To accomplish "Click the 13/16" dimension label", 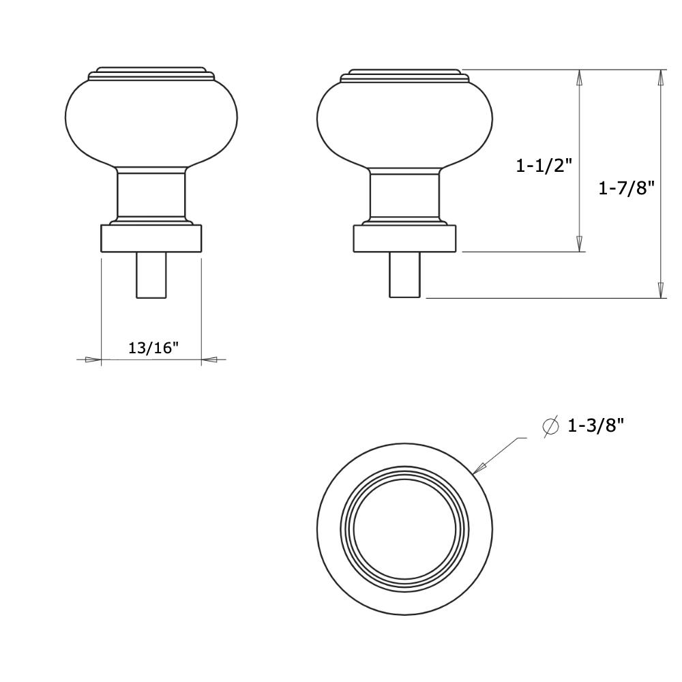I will [153, 348].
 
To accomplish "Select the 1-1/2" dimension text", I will [544, 165].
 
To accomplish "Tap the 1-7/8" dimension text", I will [626, 188].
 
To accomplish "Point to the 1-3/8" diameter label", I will [595, 426].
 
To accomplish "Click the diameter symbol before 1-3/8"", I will [550, 426].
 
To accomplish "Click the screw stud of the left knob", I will [151, 275].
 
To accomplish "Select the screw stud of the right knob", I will [404, 275].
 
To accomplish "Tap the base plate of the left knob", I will [151, 239].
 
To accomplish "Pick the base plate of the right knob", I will [404, 239].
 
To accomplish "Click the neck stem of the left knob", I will [151, 196].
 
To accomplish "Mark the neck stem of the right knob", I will [404, 196].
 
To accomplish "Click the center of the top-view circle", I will [404, 529].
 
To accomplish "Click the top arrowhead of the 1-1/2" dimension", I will [580, 77].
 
